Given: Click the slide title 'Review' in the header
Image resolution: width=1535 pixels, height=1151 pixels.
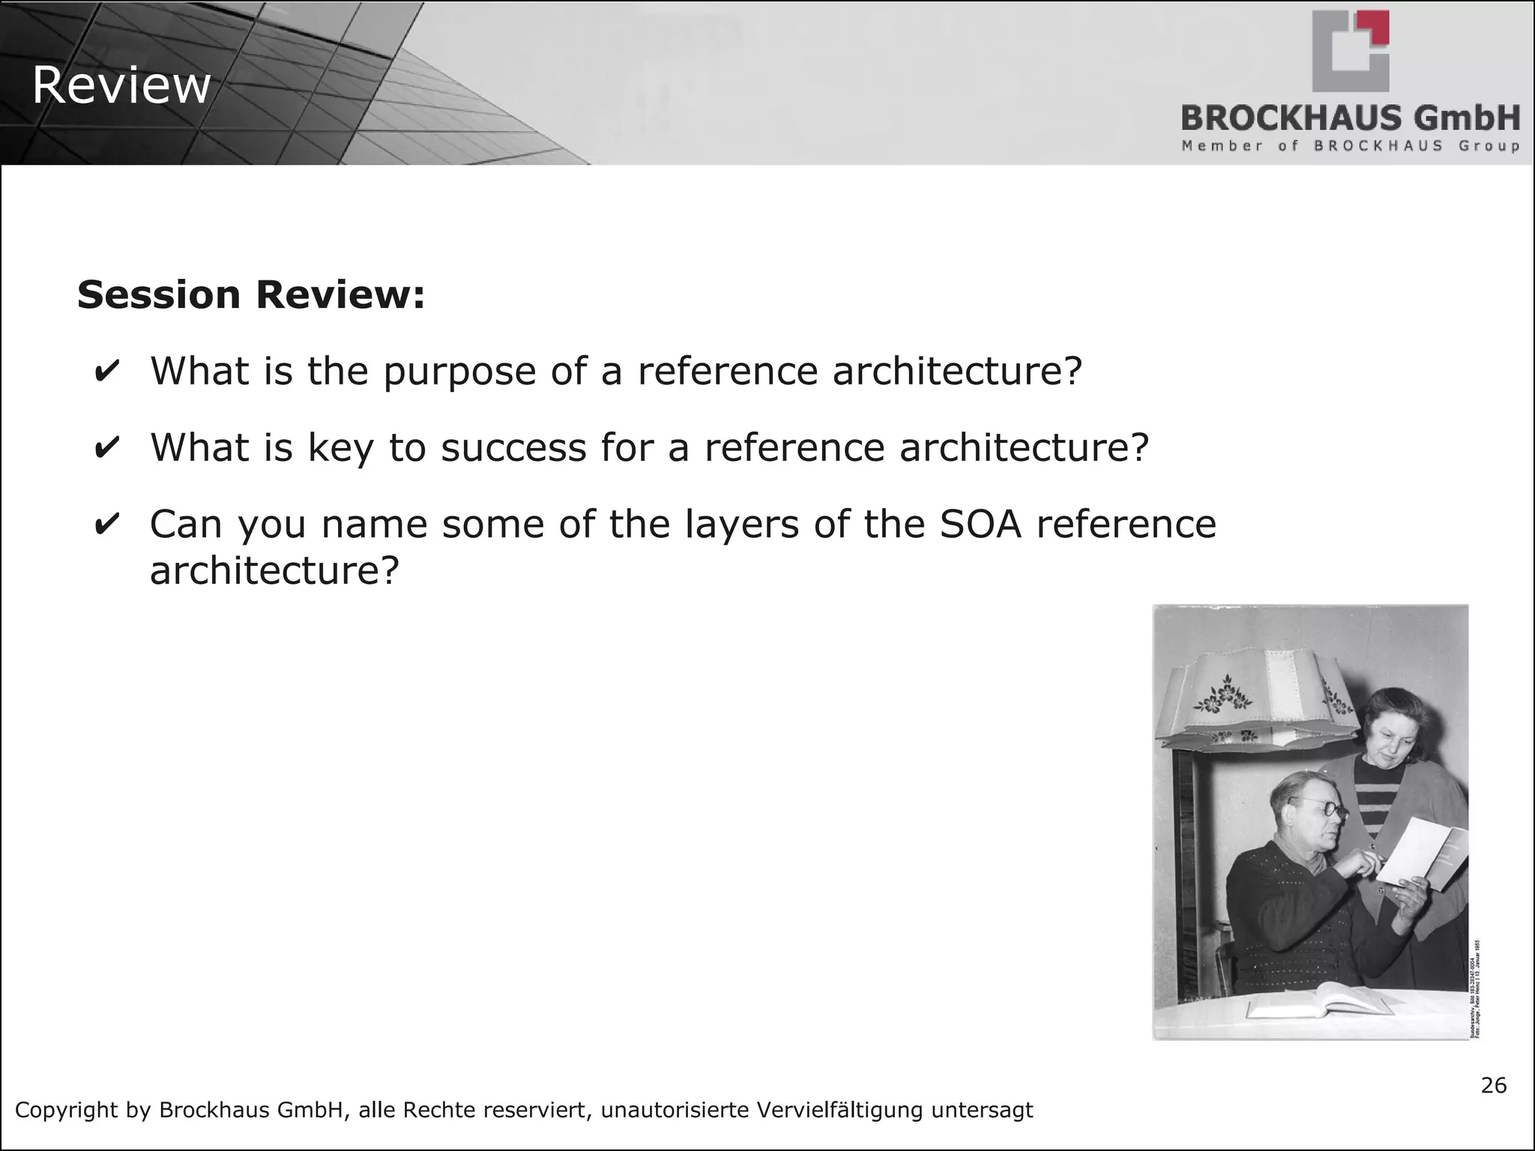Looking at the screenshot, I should [121, 85].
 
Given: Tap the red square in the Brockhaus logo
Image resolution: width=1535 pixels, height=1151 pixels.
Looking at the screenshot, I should [1375, 28].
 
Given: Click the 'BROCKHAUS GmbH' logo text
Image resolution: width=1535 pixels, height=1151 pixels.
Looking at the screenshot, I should [1351, 118].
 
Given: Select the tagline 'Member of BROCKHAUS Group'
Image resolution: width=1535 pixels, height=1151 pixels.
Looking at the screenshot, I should [1351, 145].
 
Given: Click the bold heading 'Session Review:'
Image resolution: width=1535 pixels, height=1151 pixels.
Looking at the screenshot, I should [251, 294].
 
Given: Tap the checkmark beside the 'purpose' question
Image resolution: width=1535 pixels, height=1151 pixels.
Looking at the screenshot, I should [106, 372].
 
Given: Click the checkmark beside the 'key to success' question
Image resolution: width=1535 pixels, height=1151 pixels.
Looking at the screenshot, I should [106, 448].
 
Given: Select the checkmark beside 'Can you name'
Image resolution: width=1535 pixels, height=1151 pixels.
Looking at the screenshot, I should [106, 524].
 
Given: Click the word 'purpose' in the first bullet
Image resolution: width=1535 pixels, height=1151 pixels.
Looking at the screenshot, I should [459, 372].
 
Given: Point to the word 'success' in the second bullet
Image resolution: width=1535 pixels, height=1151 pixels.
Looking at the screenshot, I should [513, 448].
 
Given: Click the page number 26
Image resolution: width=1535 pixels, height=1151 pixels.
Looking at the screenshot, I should [1494, 1086].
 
